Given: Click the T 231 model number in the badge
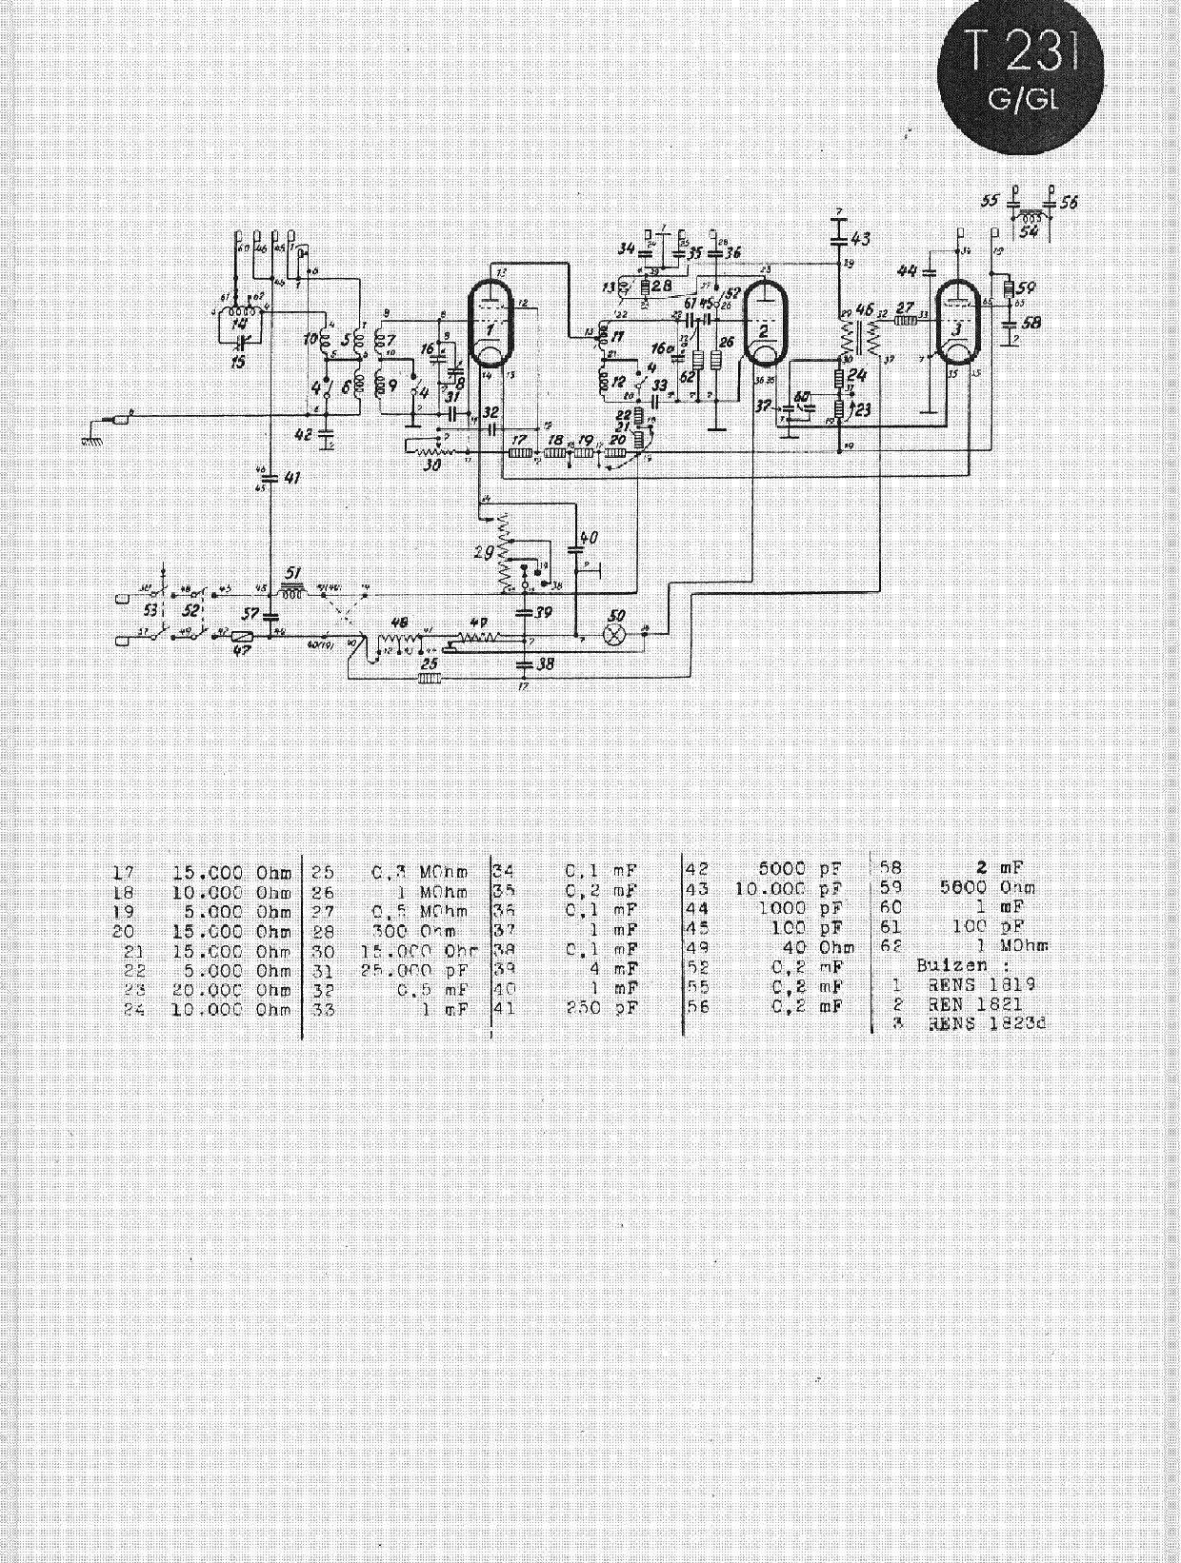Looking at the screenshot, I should click(1023, 57).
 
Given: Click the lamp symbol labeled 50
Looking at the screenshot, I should click(616, 631).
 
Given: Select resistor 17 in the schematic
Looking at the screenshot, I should click(519, 453).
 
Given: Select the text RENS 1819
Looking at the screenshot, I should click(981, 984).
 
